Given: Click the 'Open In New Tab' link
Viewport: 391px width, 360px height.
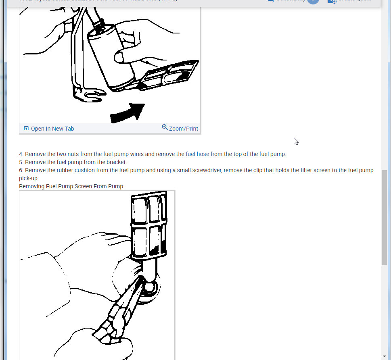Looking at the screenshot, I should (52, 129).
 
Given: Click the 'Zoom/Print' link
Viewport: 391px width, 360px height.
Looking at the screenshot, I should (183, 129).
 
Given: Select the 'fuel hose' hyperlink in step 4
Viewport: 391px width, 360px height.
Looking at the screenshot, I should (197, 154).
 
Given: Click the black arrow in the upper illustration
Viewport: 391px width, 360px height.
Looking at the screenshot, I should (128, 112).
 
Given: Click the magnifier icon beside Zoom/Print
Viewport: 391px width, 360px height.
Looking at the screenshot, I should (165, 127).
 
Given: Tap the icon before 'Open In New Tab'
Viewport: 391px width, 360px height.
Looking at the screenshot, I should (26, 129).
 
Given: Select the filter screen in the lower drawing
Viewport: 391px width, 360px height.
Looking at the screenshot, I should (148, 226).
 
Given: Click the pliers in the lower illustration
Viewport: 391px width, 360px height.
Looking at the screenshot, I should (121, 310).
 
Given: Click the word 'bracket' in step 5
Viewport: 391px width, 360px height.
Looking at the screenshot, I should (116, 162).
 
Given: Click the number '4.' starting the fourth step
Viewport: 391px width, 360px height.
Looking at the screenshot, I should (21, 154).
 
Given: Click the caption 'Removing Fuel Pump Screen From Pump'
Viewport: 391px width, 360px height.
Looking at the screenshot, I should (71, 186).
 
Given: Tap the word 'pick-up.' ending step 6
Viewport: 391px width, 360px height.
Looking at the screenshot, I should (29, 178).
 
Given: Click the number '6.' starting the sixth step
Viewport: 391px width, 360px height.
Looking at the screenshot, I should (21, 170).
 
